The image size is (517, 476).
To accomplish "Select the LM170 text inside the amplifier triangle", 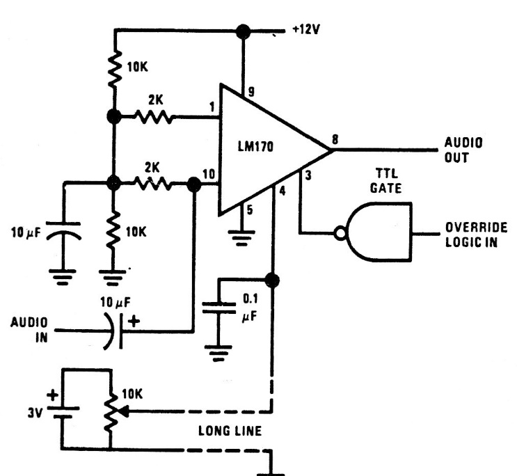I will point(258,147).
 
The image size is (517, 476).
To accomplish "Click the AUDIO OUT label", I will point(463,150).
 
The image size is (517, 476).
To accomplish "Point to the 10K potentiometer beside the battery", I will point(109,411).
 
